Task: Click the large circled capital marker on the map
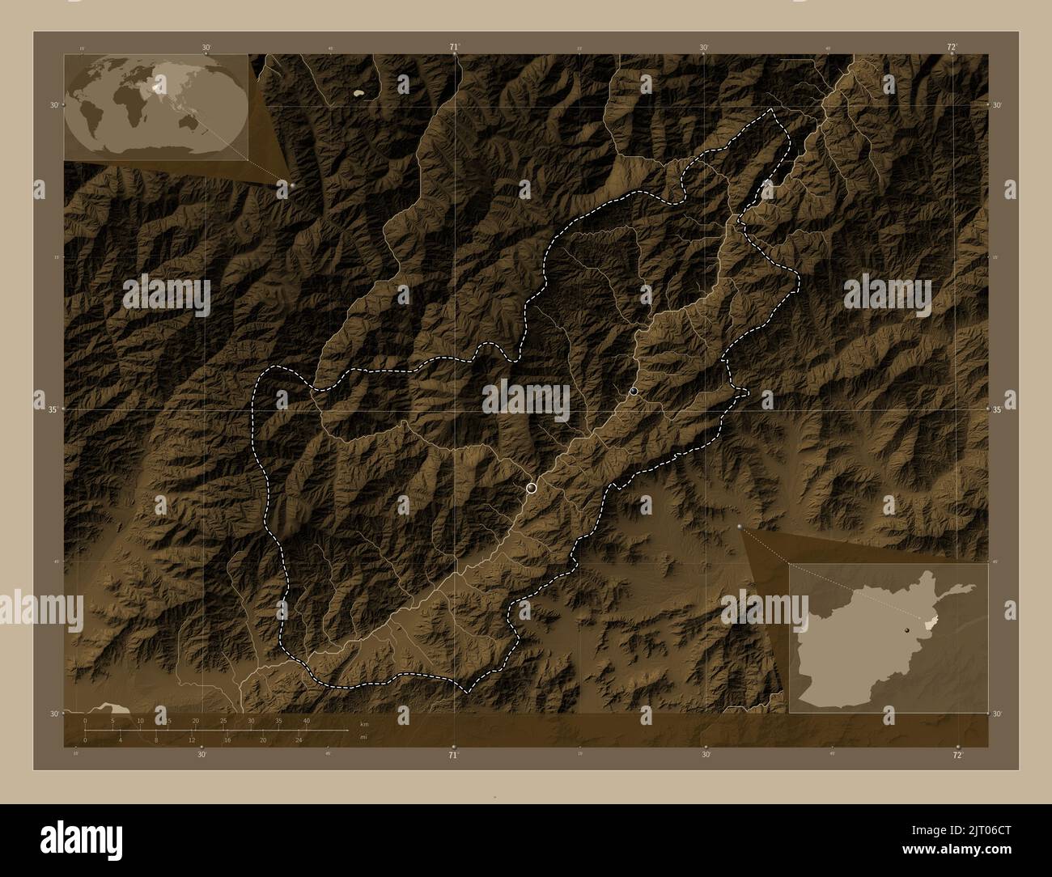[x=531, y=487]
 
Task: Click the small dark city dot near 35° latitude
[x=634, y=392]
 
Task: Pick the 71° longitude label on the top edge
[x=455, y=47]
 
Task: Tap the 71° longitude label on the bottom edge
[x=454, y=755]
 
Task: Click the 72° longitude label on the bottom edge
[x=957, y=755]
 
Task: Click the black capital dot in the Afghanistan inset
[x=908, y=629]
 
